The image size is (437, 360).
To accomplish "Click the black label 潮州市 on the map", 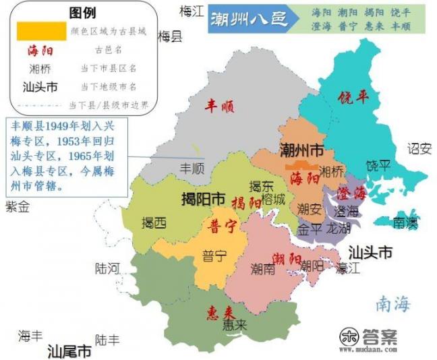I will tap(302, 150).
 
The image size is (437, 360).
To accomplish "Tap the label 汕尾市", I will tap(69, 351).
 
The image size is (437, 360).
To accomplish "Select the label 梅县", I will tap(170, 36).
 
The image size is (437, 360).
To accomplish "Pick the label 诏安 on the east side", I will tap(419, 149).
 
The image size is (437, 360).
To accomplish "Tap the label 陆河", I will tap(108, 268).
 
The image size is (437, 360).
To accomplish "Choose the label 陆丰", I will tap(108, 340).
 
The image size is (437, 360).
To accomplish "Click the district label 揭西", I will tap(154, 222).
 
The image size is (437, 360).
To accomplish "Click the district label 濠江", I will tap(349, 268).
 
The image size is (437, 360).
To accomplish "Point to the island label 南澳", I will tap(407, 221).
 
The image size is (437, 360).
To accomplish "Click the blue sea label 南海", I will tap(393, 304).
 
